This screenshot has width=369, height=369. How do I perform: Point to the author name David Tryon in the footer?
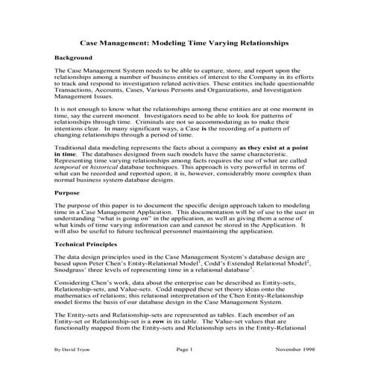pos(80,348)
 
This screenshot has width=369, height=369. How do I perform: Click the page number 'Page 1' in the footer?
pos(184,348)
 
